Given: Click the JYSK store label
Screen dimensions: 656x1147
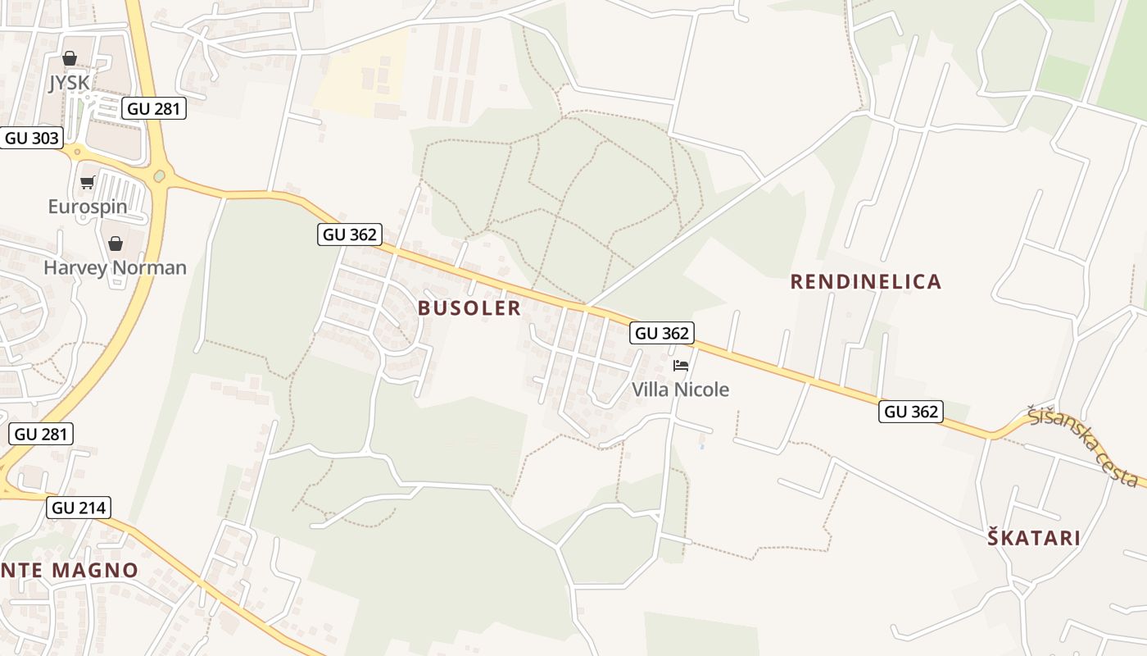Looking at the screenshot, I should click(x=69, y=83).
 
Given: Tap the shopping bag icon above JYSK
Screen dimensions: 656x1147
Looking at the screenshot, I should click(x=70, y=59).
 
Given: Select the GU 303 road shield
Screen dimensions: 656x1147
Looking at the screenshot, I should click(x=32, y=138).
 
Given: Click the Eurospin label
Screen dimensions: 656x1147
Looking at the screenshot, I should click(x=88, y=206).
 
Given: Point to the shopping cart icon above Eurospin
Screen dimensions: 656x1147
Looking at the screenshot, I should click(x=88, y=182).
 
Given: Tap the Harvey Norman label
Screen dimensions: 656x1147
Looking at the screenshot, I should click(x=115, y=267).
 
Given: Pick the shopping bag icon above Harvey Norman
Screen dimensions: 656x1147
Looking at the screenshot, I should click(x=116, y=244).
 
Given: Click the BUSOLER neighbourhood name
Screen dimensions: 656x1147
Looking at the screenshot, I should click(x=469, y=307).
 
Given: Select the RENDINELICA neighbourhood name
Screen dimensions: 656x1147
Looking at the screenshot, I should click(x=865, y=282).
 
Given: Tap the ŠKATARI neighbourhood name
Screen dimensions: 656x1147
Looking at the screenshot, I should click(x=1033, y=539).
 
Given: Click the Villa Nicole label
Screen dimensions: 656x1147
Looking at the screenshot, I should click(x=680, y=389).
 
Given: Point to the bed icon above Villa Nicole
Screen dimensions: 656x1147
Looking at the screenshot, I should click(x=681, y=366).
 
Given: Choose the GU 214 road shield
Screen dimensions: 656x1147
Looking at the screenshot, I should click(x=79, y=508).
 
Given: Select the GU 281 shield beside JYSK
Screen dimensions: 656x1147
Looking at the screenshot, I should click(x=154, y=108).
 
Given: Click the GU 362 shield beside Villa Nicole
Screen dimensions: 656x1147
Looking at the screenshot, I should click(x=663, y=333).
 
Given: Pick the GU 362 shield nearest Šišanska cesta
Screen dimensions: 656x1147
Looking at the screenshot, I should click(x=911, y=412).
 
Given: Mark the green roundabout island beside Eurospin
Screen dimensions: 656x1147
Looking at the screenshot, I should click(x=160, y=175).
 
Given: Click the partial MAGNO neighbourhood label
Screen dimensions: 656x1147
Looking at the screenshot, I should click(x=70, y=570).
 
